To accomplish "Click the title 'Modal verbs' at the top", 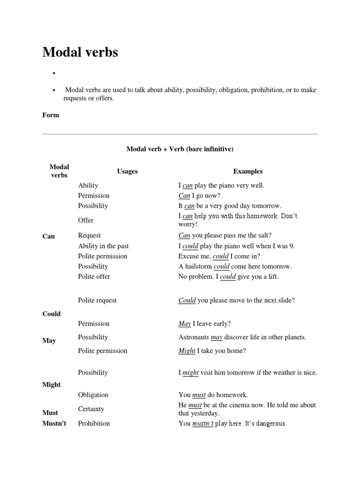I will click(x=80, y=52).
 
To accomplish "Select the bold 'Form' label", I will click(x=51, y=115).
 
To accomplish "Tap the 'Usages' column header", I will click(x=127, y=172).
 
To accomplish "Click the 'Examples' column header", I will click(x=247, y=172).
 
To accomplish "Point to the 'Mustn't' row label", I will click(x=54, y=423).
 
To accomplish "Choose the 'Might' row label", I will click(x=52, y=384).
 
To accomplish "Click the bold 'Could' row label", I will click(x=52, y=314).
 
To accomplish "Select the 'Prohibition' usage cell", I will click(x=94, y=423).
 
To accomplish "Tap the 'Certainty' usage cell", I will click(x=91, y=409).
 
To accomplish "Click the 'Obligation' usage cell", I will click(x=93, y=395).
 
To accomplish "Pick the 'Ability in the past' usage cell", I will click(x=103, y=246).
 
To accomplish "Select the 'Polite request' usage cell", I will click(x=97, y=300).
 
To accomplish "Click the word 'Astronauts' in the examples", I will click(x=194, y=337).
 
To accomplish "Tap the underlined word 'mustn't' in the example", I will click(x=203, y=423).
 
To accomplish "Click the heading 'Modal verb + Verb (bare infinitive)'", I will click(x=180, y=149).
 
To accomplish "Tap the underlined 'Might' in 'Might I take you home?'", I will click(x=187, y=351).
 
